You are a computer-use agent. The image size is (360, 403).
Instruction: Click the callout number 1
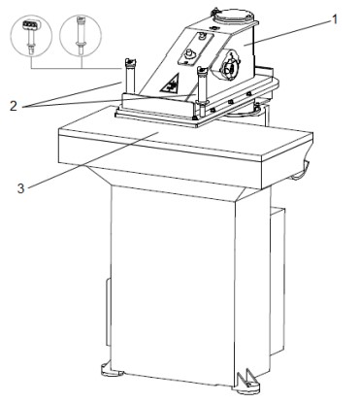tap(335, 19)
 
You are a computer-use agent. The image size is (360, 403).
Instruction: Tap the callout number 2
tap(14, 106)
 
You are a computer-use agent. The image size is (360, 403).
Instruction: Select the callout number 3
tap(20, 188)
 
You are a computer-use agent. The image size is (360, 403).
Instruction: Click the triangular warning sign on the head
tap(170, 84)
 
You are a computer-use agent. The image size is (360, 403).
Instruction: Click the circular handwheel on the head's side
tap(231, 66)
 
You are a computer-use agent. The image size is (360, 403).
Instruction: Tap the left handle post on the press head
tap(130, 75)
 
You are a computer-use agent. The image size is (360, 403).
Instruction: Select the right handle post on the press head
tap(203, 88)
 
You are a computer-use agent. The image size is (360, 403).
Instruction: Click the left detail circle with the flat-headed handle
tap(31, 35)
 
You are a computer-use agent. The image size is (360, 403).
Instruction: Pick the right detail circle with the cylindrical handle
tap(81, 35)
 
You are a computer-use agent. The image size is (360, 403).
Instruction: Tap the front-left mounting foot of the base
tap(112, 370)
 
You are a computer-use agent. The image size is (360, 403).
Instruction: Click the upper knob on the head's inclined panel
tap(203, 36)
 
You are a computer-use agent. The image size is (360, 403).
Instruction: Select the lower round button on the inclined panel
tap(187, 54)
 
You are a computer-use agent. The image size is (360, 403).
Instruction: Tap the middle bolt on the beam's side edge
tap(230, 102)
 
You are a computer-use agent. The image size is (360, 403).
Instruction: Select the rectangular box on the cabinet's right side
tap(278, 282)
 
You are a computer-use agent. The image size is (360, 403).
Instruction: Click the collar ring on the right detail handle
tap(81, 42)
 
